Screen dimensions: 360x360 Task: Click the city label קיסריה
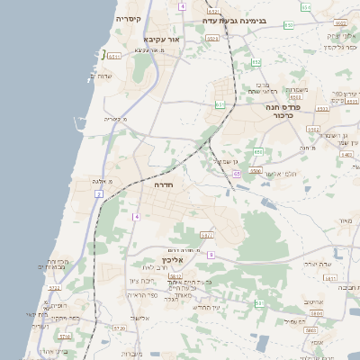(x=128, y=18)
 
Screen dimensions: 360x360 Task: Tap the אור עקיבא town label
(x=162, y=40)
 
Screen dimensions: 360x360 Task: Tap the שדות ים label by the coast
(x=100, y=76)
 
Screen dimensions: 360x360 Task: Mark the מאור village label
(x=342, y=220)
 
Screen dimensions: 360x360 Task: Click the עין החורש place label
(x=208, y=307)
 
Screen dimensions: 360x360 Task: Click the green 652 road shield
(x=256, y=62)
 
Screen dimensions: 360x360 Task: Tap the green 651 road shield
(x=220, y=103)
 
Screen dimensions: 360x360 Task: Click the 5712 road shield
(x=54, y=288)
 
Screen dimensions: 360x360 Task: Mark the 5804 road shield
(x=315, y=314)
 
